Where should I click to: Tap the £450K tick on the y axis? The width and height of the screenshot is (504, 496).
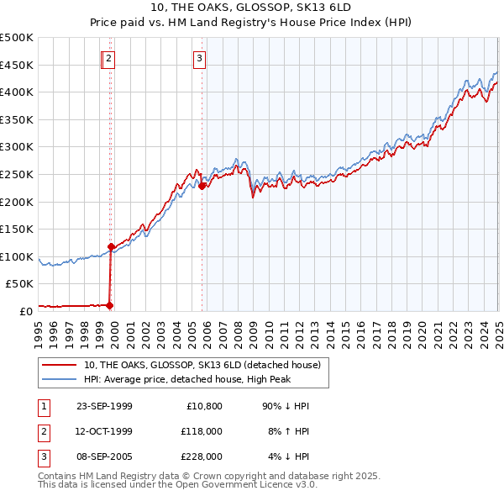tap(17, 65)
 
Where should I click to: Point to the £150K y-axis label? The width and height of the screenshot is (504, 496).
tap(17, 229)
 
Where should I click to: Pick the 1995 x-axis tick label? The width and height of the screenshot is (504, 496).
tap(39, 328)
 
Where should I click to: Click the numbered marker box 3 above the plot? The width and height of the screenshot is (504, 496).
tap(199, 59)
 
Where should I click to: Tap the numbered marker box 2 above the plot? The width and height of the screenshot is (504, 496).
tap(110, 59)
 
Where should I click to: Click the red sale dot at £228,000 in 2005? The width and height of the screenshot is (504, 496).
tap(202, 187)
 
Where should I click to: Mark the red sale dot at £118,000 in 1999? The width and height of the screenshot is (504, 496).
tap(111, 246)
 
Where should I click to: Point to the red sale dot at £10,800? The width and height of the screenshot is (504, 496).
tap(110, 305)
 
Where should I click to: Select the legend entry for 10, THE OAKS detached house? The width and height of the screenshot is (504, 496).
tap(202, 365)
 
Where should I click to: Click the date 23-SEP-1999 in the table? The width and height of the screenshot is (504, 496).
tap(104, 406)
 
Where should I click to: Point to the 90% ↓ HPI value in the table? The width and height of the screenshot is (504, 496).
tap(286, 406)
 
